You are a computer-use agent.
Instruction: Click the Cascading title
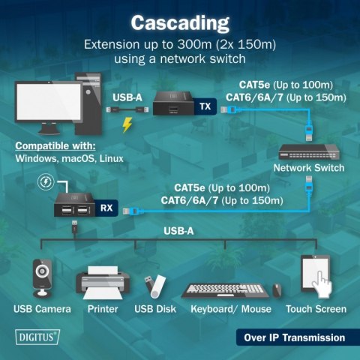point(180,22)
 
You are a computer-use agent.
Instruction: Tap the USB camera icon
point(41,277)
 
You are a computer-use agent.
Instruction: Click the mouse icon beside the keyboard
point(276,289)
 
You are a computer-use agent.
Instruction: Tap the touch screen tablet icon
point(315,277)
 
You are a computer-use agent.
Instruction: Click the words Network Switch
point(308,168)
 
